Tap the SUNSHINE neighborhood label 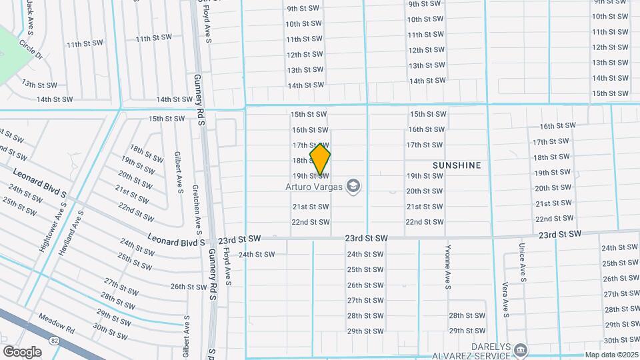457,164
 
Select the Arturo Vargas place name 314,187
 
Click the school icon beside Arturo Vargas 353,187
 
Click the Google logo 22,351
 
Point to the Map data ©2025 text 612,355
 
